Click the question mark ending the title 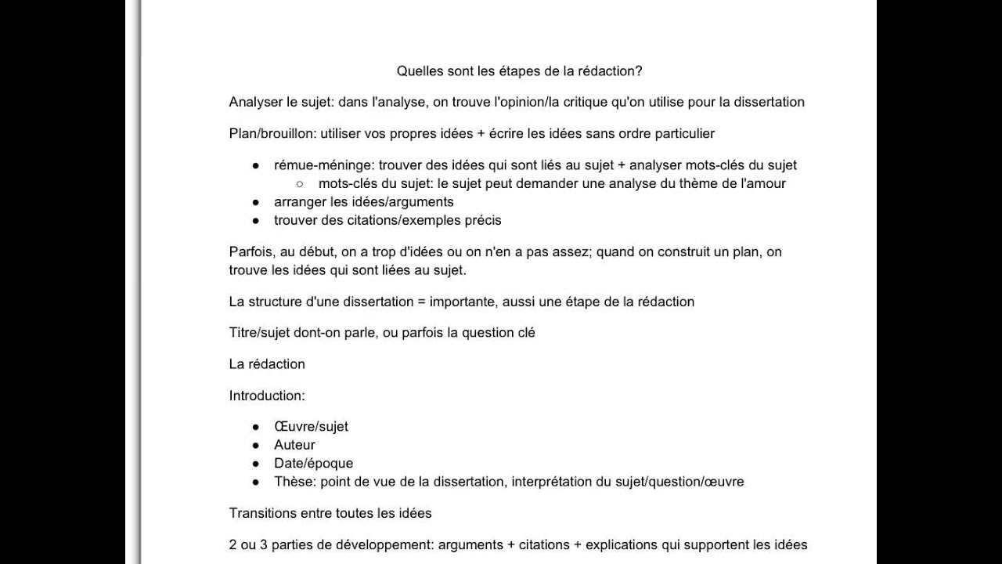pos(639,70)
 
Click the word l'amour pos(763,183)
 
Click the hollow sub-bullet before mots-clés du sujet pos(300,184)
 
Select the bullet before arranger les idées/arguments pos(256,202)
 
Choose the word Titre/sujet pos(260,332)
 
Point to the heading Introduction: pos(267,396)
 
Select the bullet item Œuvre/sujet pos(311,426)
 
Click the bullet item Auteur pos(294,445)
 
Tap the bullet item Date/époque pos(313,463)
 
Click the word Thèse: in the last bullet pos(294,481)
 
